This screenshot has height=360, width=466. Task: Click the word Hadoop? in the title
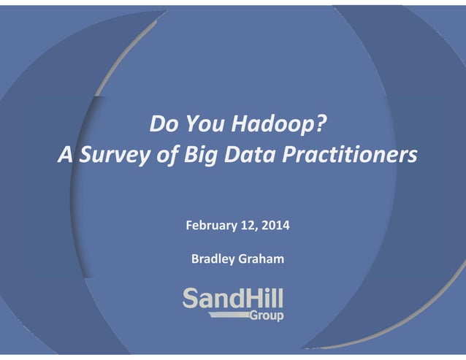(275, 126)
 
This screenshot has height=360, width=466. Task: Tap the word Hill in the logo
(263, 298)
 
